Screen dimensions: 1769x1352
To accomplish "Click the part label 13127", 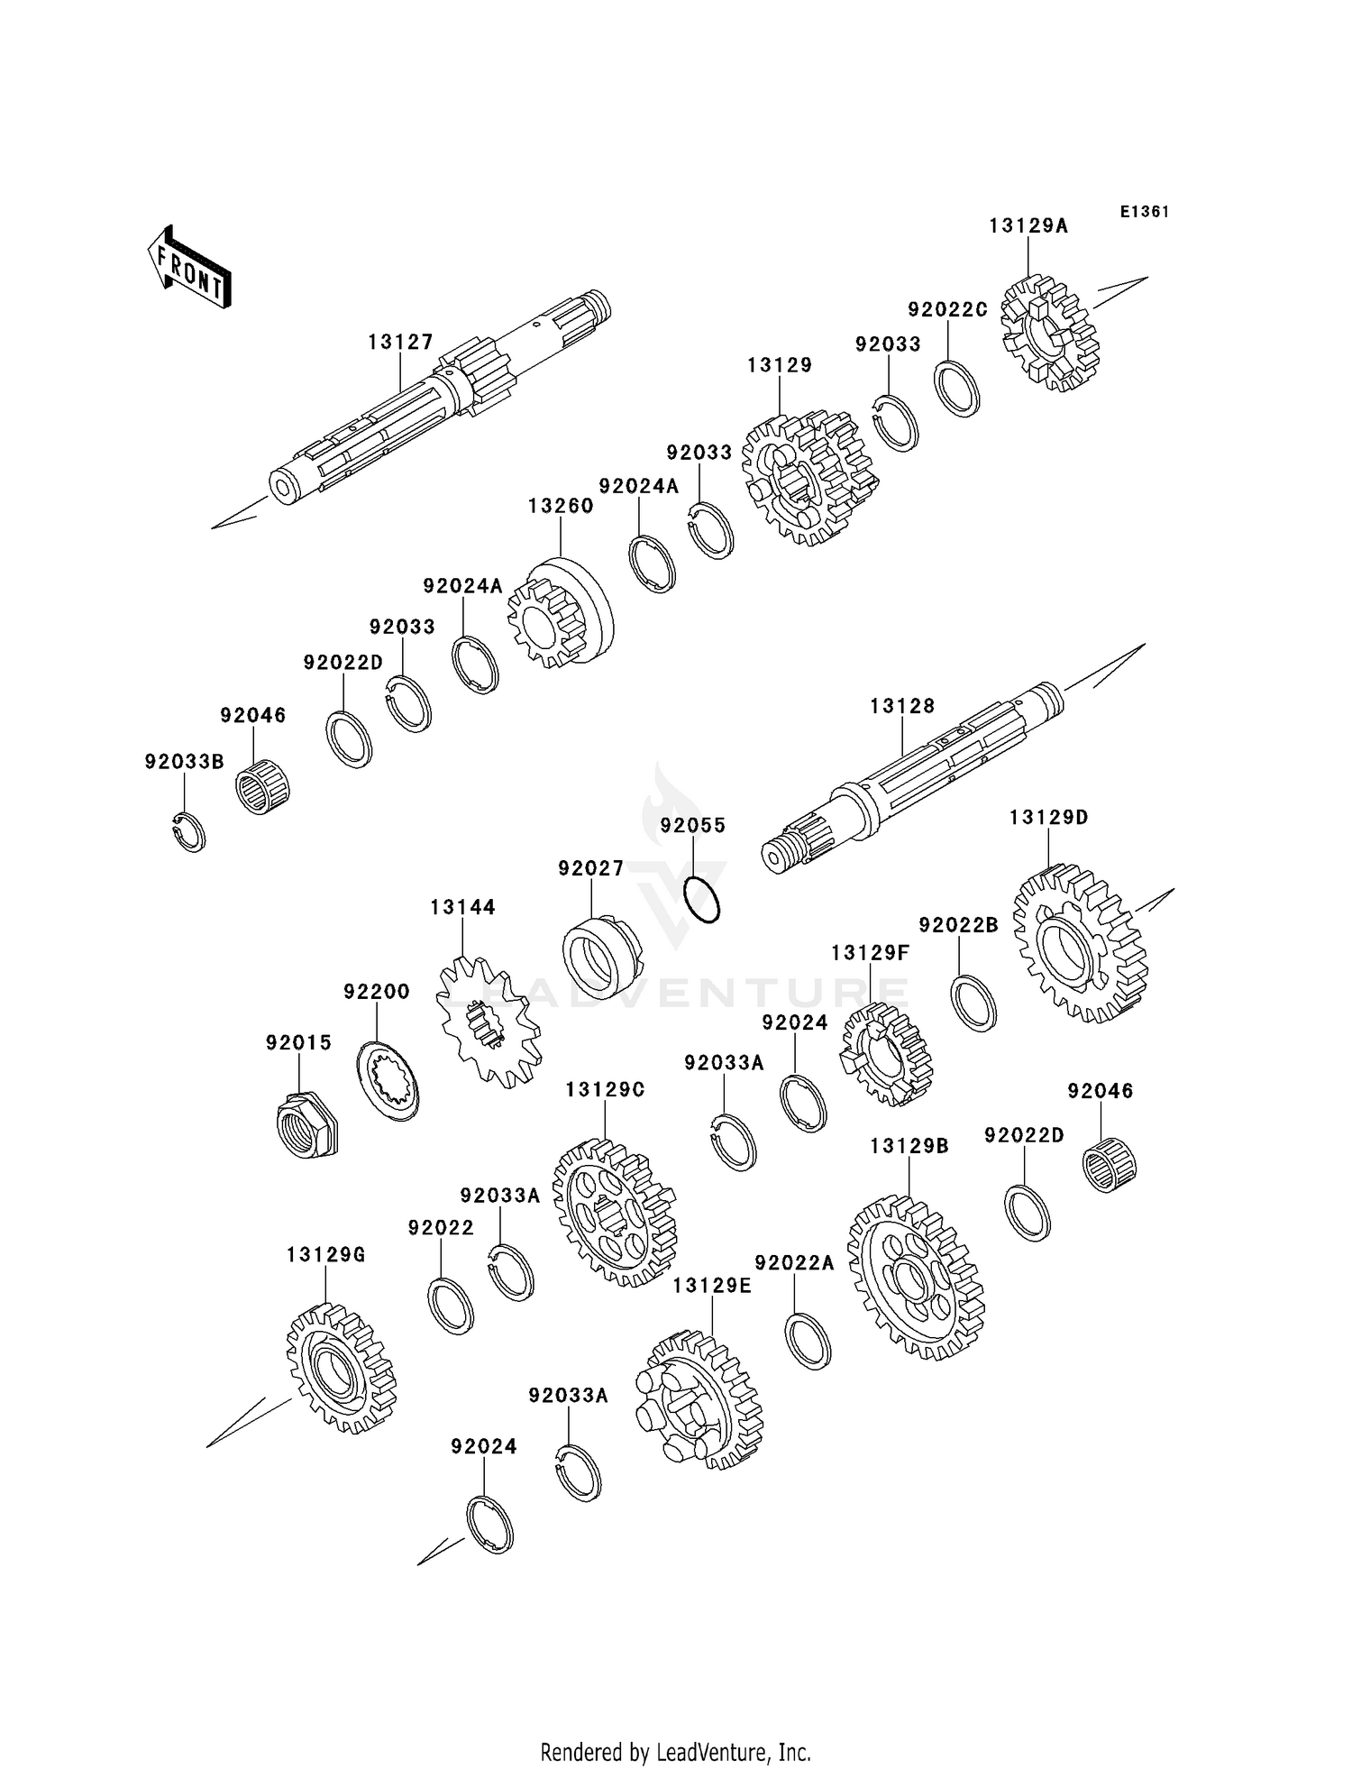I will pos(400,343).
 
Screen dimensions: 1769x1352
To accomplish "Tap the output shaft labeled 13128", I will pos(910,775).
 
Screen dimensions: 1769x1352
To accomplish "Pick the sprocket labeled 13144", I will pos(488,1022).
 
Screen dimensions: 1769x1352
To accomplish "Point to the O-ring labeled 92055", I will pos(701,899).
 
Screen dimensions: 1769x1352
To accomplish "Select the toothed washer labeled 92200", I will pos(388,1080).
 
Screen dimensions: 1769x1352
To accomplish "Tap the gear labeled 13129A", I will pos(1050,334).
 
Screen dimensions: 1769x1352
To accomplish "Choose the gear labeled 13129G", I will pos(341,1369).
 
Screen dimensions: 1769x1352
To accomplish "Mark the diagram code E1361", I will pos(1144,212).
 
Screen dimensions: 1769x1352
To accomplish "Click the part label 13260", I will pos(561,506).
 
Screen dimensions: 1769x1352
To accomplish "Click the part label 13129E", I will pos(711,1286).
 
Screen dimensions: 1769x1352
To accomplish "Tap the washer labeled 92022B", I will pos(973,1003).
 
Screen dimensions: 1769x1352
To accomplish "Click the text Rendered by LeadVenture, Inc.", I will pos(675,1752).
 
